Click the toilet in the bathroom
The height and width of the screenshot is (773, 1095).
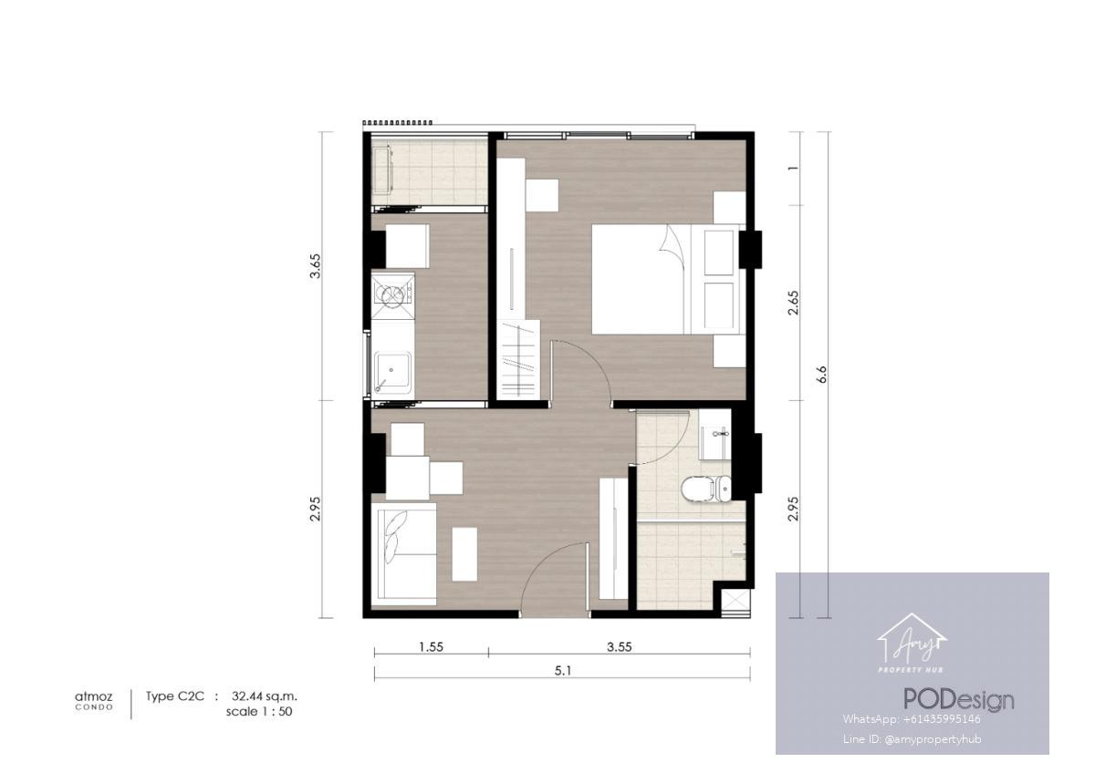tap(706, 490)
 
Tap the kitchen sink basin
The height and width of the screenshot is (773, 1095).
tap(392, 374)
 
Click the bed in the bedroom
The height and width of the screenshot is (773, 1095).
tap(666, 279)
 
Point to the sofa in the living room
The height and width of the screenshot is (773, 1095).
tap(403, 554)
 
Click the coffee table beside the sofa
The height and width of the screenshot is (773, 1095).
tap(464, 554)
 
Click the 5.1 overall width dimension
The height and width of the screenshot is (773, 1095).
tap(563, 671)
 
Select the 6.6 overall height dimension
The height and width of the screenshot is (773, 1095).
tap(821, 374)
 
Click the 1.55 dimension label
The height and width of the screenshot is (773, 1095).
tap(431, 647)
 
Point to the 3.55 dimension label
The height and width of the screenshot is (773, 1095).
tap(620, 647)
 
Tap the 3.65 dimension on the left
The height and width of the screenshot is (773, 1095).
tap(316, 265)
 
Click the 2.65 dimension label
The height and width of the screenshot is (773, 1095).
tap(793, 303)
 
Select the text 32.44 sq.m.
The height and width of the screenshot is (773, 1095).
tap(265, 696)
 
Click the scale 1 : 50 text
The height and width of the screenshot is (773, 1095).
tap(259, 712)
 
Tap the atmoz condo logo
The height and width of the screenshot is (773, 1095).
tap(94, 700)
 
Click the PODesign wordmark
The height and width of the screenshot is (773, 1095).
tap(959, 701)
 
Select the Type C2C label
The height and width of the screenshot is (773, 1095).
tap(174, 696)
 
